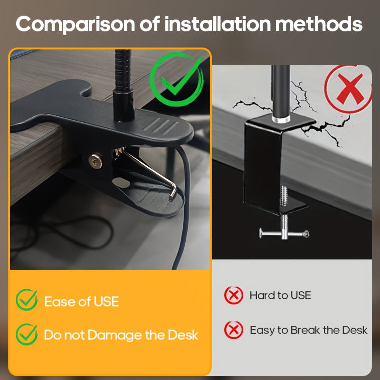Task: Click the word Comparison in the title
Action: pyautogui.click(x=75, y=24)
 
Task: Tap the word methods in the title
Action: pyautogui.click(x=318, y=24)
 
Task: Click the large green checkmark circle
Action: pyautogui.click(x=176, y=79)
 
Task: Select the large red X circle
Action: pyautogui.click(x=349, y=89)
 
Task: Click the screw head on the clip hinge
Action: pyautogui.click(x=95, y=161)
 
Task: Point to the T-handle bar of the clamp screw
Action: pyautogui.click(x=284, y=233)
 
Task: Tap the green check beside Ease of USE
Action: pyautogui.click(x=27, y=300)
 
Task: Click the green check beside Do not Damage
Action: pyautogui.click(x=27, y=334)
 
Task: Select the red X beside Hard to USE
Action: pyautogui.click(x=234, y=295)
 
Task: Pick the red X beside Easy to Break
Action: pyautogui.click(x=234, y=330)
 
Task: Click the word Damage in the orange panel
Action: pyautogui.click(x=115, y=336)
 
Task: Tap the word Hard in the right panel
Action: pyautogui.click(x=263, y=295)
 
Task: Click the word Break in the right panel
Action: pyautogui.click(x=305, y=330)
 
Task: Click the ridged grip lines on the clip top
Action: pyautogui.click(x=160, y=126)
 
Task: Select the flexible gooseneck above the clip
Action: pyautogui.click(x=123, y=70)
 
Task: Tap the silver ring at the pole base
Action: pyautogui.click(x=281, y=119)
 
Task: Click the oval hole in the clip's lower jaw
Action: pyautogui.click(x=122, y=182)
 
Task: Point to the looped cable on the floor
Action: pyautogui.click(x=63, y=233)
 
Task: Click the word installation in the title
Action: pyautogui.click(x=218, y=24)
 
